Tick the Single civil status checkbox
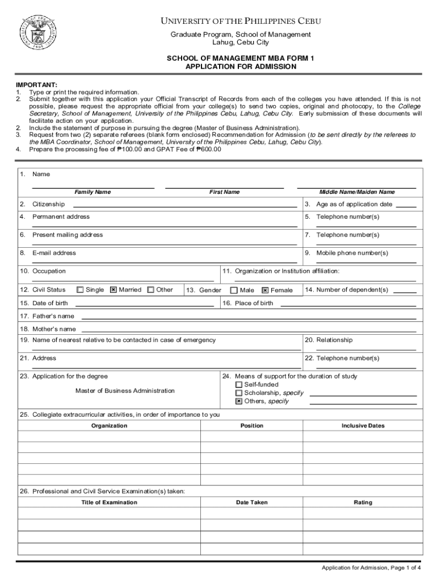pos(80,290)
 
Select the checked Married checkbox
pos(114,290)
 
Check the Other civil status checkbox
pos(150,290)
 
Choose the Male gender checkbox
pos(234,290)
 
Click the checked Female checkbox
pos(265,290)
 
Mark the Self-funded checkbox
pos(239,385)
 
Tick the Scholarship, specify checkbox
pos(239,393)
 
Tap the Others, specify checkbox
pos(239,401)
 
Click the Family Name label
pos(93,192)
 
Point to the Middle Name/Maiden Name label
pos(356,192)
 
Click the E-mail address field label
pos(54,253)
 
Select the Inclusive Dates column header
pos(363,426)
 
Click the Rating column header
pos(363,502)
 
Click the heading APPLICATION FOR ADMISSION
pos(241,66)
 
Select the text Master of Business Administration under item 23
pos(125,390)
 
